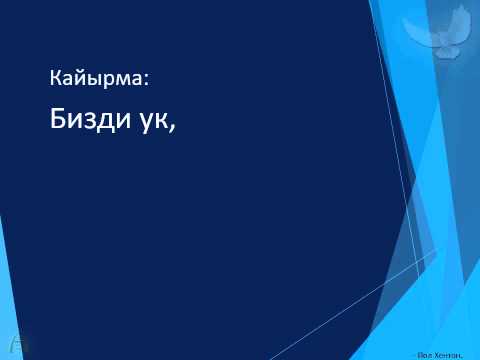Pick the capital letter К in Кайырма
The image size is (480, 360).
[x=55, y=76]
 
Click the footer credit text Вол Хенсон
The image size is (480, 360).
[x=448, y=352]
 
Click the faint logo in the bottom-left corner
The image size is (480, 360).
[x=10, y=341]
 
